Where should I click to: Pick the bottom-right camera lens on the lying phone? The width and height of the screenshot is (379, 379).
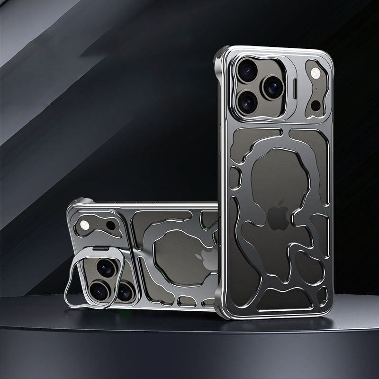tap(124, 293)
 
